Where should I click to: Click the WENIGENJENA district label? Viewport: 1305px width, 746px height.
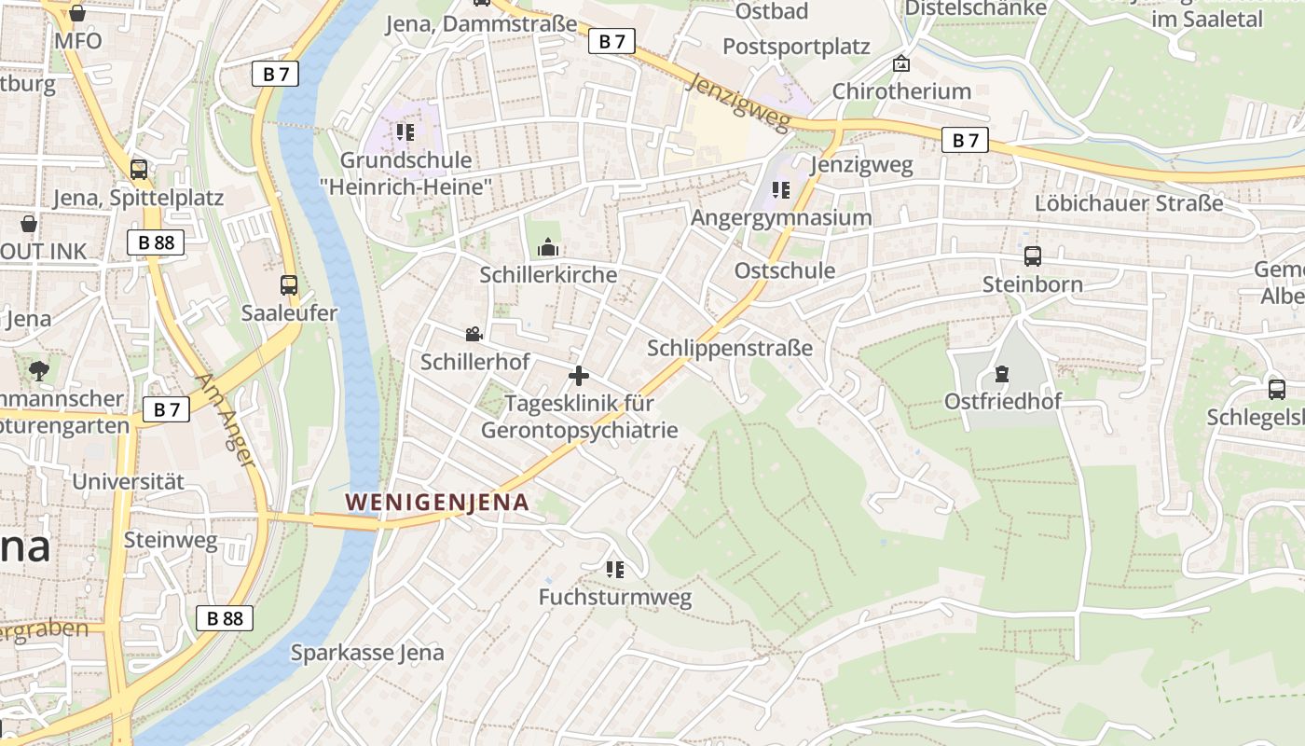[437, 503]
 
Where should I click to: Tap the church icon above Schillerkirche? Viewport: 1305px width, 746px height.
[548, 247]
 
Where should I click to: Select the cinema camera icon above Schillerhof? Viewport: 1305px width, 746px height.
[474, 334]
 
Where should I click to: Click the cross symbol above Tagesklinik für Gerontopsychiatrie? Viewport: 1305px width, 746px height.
[579, 376]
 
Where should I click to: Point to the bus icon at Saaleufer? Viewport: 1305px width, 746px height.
[289, 285]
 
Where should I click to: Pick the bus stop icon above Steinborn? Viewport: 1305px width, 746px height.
[1033, 256]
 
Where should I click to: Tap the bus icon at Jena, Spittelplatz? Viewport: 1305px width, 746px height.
[139, 170]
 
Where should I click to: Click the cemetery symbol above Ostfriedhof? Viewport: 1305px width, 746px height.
[1002, 374]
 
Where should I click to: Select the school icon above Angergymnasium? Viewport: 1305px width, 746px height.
[781, 190]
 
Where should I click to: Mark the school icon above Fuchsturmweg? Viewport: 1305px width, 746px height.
[615, 569]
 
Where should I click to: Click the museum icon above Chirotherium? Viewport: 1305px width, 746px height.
[901, 63]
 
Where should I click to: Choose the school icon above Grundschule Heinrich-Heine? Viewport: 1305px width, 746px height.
[405, 132]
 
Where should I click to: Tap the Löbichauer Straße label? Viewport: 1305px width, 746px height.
[1129, 203]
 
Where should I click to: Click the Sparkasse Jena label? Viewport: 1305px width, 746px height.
[367, 653]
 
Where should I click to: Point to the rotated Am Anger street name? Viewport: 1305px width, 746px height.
[225, 420]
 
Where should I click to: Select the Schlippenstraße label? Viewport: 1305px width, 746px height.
[730, 348]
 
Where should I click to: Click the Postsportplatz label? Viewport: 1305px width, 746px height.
[796, 47]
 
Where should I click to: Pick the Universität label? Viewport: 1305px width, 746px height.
[129, 482]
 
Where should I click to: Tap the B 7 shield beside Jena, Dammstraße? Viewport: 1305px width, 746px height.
[611, 41]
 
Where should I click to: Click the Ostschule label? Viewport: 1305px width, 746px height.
[785, 270]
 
